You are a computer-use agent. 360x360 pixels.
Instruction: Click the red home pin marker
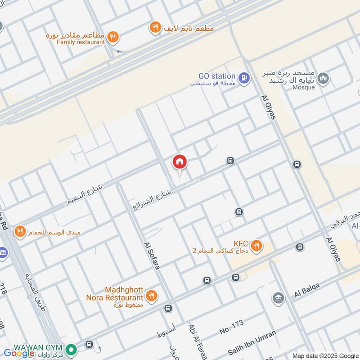pyautogui.click(x=180, y=162)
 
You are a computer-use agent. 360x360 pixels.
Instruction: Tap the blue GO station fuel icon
pyautogui.click(x=244, y=77)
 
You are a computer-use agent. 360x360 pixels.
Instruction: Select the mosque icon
pyautogui.click(x=323, y=80)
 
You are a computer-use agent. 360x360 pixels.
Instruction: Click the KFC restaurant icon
pyautogui.click(x=256, y=245)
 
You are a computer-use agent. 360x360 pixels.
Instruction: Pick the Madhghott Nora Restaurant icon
pyautogui.click(x=152, y=296)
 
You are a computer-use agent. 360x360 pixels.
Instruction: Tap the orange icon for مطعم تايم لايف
pyautogui.click(x=155, y=28)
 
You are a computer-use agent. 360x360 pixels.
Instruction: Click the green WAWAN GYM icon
pyautogui.click(x=70, y=349)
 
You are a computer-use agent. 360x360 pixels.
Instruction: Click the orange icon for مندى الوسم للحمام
pyautogui.click(x=19, y=232)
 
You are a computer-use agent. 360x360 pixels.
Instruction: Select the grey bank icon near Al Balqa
pyautogui.click(x=278, y=298)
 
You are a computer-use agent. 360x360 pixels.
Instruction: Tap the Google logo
pyautogui.click(x=19, y=353)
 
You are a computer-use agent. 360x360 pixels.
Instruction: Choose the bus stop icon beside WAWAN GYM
pyautogui.click(x=89, y=345)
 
